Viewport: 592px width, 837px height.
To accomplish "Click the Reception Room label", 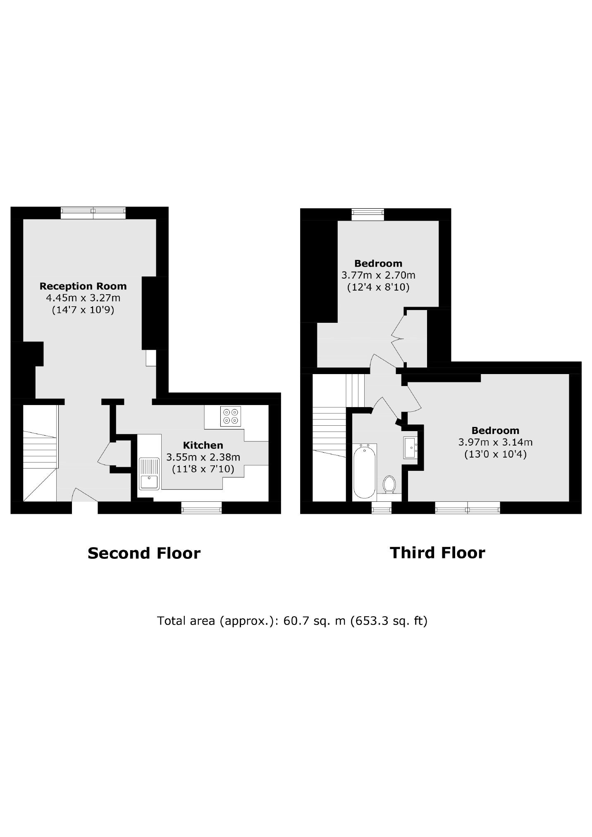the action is (x=83, y=286).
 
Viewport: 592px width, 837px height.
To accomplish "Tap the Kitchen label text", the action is (x=203, y=445).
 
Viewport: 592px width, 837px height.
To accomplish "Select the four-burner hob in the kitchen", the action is (x=231, y=416).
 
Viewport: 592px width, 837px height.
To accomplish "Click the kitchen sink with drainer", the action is (x=149, y=474).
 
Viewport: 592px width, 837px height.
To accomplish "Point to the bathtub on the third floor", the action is (x=365, y=471).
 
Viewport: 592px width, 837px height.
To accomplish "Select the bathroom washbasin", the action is (x=411, y=447).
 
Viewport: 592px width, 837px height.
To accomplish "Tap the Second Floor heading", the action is (x=144, y=553).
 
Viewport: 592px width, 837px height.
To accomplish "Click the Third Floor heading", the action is (x=437, y=553).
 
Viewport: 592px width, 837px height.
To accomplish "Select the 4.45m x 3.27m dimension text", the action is (x=83, y=298).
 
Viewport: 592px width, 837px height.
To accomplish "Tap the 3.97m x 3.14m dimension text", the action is (x=495, y=442).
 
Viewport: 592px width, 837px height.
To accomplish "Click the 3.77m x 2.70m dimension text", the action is (x=378, y=275).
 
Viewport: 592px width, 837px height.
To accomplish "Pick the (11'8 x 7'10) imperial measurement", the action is (x=203, y=469).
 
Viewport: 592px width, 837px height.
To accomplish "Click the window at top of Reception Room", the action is (x=93, y=213).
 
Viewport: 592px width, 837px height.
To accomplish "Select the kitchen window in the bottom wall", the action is (x=201, y=508).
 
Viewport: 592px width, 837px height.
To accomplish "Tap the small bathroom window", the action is (x=381, y=508).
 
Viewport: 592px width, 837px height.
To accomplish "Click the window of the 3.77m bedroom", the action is (x=368, y=215).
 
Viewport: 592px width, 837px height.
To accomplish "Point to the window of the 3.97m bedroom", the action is (x=468, y=508).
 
